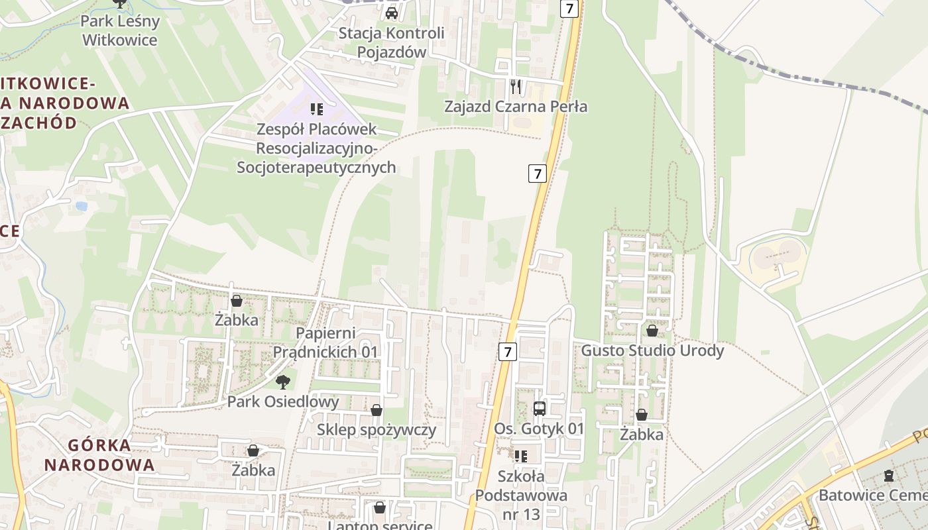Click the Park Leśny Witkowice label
click(120, 30)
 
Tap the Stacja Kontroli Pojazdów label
click(391, 42)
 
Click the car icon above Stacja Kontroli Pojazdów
click(392, 13)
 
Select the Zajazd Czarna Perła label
click(516, 106)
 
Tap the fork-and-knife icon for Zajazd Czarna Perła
click(516, 86)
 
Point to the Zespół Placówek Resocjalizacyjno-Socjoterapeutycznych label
click(316, 148)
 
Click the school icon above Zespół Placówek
click(316, 109)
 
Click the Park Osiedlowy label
click(283, 401)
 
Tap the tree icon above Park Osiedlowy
click(283, 382)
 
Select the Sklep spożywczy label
click(377, 429)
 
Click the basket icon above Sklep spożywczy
click(377, 410)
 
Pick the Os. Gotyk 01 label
click(539, 429)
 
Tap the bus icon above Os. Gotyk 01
click(540, 408)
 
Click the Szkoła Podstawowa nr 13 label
click(521, 494)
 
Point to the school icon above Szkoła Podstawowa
click(521, 456)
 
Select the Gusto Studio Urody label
click(652, 350)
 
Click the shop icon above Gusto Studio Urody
click(652, 330)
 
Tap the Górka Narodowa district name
click(99, 454)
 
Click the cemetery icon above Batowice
click(888, 476)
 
